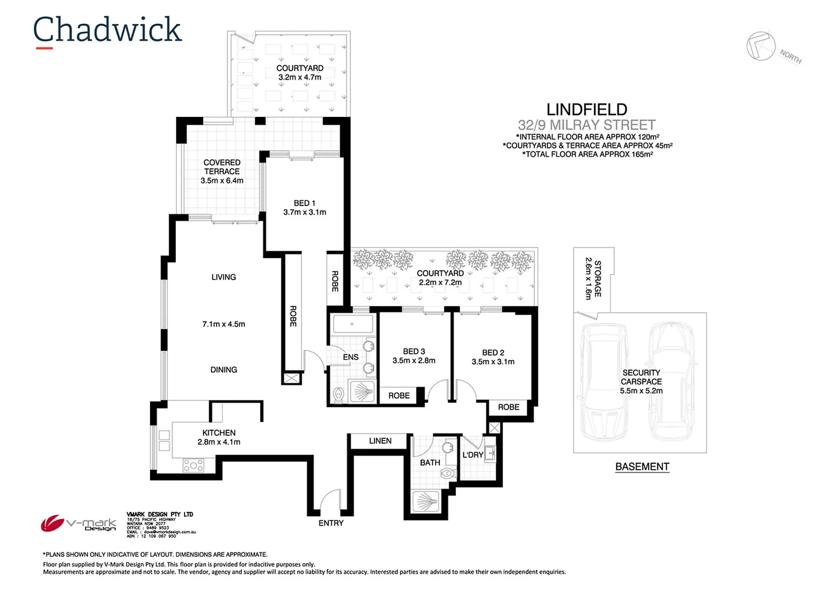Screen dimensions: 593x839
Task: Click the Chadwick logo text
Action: pyautogui.click(x=107, y=30)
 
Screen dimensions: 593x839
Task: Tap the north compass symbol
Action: pyautogui.click(x=761, y=46)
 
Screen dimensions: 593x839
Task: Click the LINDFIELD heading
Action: pyautogui.click(x=586, y=110)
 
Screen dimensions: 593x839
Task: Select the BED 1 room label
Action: pyautogui.click(x=304, y=203)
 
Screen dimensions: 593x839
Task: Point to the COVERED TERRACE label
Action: pyautogui.click(x=222, y=167)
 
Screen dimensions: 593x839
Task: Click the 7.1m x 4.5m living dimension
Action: pyautogui.click(x=223, y=325)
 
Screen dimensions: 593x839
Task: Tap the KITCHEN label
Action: pyautogui.click(x=219, y=433)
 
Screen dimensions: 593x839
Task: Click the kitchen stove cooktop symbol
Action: pyautogui.click(x=193, y=466)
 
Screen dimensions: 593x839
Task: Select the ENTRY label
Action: pyautogui.click(x=331, y=523)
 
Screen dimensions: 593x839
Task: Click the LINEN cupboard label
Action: pyautogui.click(x=380, y=441)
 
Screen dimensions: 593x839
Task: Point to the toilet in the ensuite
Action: pyautogui.click(x=338, y=395)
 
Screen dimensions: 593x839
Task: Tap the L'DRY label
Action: pyautogui.click(x=472, y=455)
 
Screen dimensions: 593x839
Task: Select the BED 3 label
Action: pyautogui.click(x=413, y=351)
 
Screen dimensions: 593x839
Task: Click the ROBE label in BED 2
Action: pyautogui.click(x=508, y=407)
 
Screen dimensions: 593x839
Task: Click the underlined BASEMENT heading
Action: pyautogui.click(x=642, y=467)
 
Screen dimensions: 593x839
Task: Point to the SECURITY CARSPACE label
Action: pyautogui.click(x=641, y=377)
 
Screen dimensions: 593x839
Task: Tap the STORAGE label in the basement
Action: pyautogui.click(x=598, y=278)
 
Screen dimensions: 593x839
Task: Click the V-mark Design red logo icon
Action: pyautogui.click(x=52, y=523)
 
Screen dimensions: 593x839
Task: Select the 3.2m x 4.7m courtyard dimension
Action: pyautogui.click(x=300, y=77)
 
